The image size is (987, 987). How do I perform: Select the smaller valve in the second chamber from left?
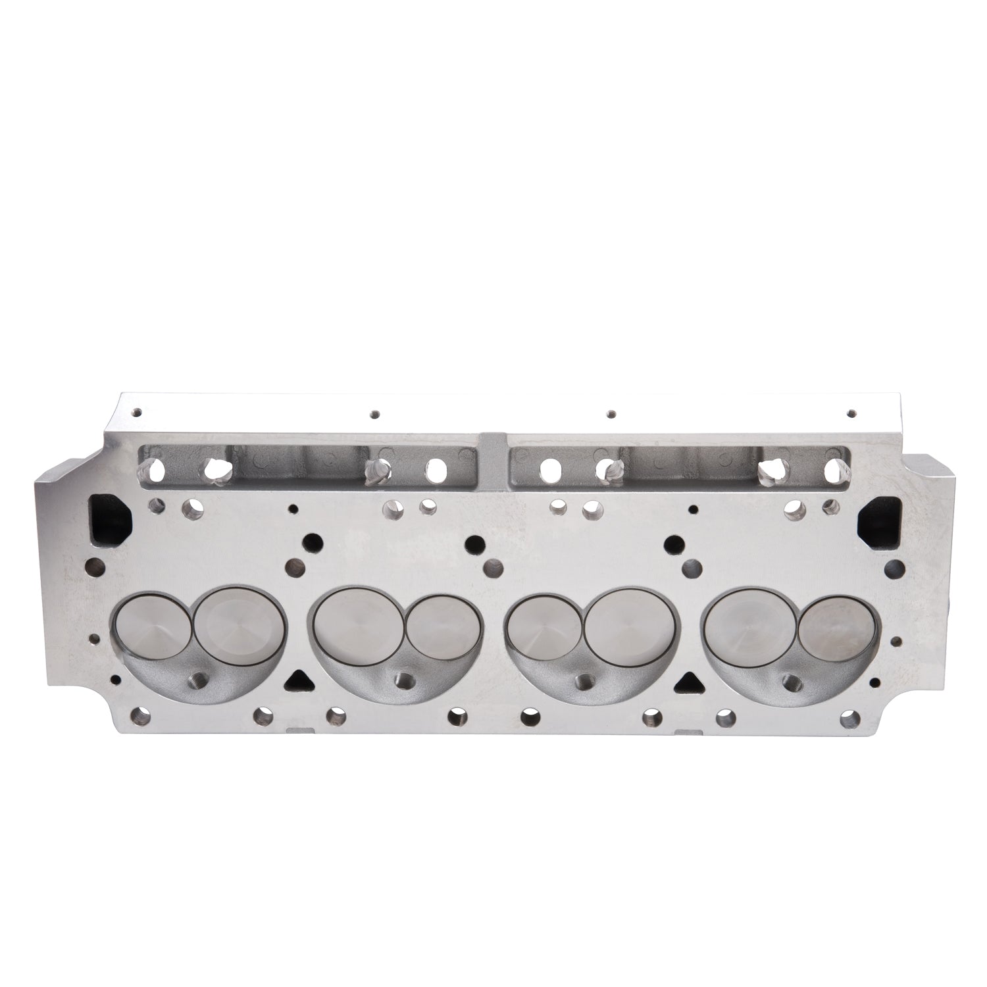coord(437,625)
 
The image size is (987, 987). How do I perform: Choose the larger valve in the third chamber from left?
coord(630,622)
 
